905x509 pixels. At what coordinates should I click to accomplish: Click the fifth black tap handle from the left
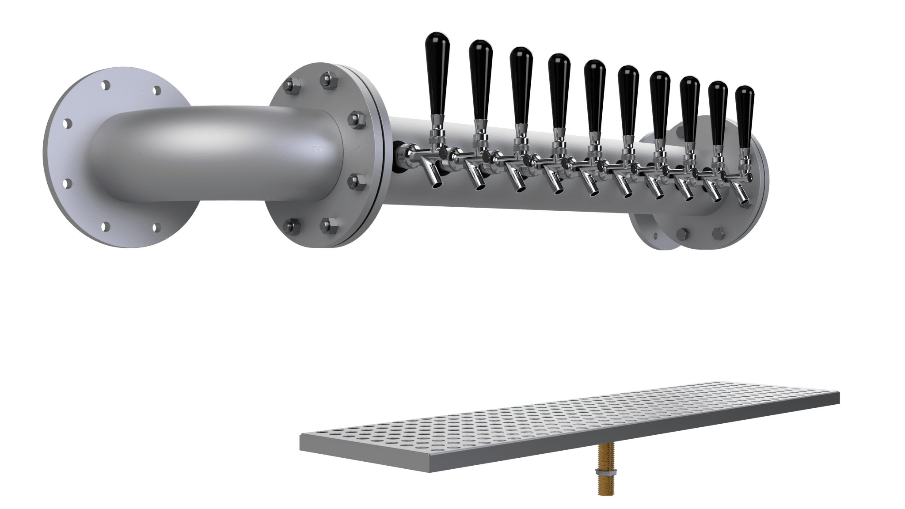click(x=594, y=95)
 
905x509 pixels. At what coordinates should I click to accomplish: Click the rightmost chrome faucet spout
click(x=743, y=197)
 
